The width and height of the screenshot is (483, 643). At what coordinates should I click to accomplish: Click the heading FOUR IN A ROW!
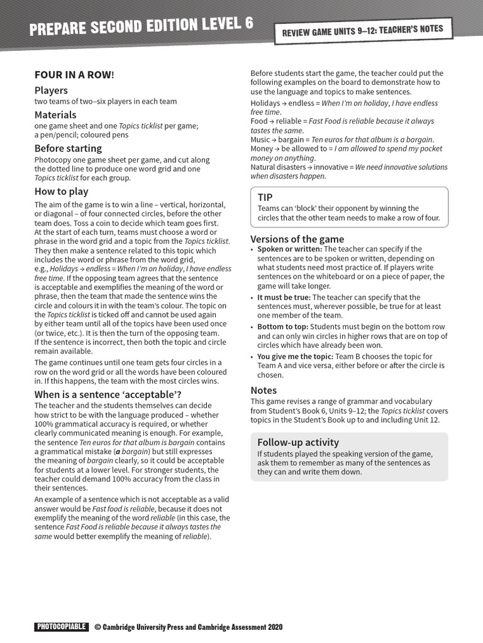tap(74, 75)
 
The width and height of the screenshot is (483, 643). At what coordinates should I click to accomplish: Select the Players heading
tap(51, 90)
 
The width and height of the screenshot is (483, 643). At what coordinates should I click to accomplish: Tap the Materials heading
tap(55, 115)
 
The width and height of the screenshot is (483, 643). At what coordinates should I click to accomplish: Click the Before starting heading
tap(68, 148)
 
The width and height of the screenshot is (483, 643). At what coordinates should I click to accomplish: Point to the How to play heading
tap(61, 192)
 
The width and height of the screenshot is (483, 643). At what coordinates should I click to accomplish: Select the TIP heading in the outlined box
tap(265, 197)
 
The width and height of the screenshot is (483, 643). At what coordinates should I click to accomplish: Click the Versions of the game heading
tap(297, 239)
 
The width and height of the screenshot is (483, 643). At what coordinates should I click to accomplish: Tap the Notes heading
tap(264, 390)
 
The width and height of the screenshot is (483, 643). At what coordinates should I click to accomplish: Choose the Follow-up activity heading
tap(298, 442)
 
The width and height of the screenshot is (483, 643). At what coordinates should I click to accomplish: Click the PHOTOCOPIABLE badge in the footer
tap(61, 627)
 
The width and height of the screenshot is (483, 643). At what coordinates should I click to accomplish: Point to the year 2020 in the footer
tap(275, 627)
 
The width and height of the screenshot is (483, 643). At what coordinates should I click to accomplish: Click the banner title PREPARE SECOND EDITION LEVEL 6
tap(142, 27)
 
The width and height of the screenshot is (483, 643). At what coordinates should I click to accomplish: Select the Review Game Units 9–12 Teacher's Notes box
tap(362, 31)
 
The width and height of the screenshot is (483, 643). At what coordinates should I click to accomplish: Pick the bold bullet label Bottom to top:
tap(282, 327)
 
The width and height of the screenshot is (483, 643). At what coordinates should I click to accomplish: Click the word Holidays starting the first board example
tap(265, 103)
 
